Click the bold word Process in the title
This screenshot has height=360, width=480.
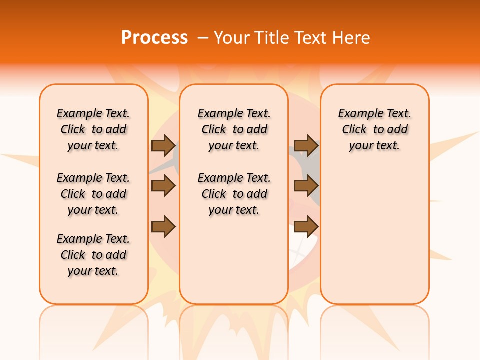[x=154, y=38]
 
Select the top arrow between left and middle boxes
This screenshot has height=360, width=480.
[x=163, y=145]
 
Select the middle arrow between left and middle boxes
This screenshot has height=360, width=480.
[x=163, y=186]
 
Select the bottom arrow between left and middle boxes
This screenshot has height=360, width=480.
[x=163, y=227]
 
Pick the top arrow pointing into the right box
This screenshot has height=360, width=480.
[x=306, y=145]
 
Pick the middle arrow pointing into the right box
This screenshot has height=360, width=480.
[x=306, y=186]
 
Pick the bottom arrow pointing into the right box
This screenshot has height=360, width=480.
[x=306, y=227]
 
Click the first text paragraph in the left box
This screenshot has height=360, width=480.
[x=93, y=129]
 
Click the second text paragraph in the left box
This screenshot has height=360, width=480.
[x=93, y=194]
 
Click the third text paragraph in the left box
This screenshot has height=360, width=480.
[x=93, y=255]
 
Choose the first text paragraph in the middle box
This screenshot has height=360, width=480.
[x=234, y=129]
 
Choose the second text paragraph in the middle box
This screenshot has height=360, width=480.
[x=234, y=194]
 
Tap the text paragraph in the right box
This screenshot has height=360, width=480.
[x=374, y=129]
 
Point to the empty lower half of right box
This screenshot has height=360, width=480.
[x=374, y=240]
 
